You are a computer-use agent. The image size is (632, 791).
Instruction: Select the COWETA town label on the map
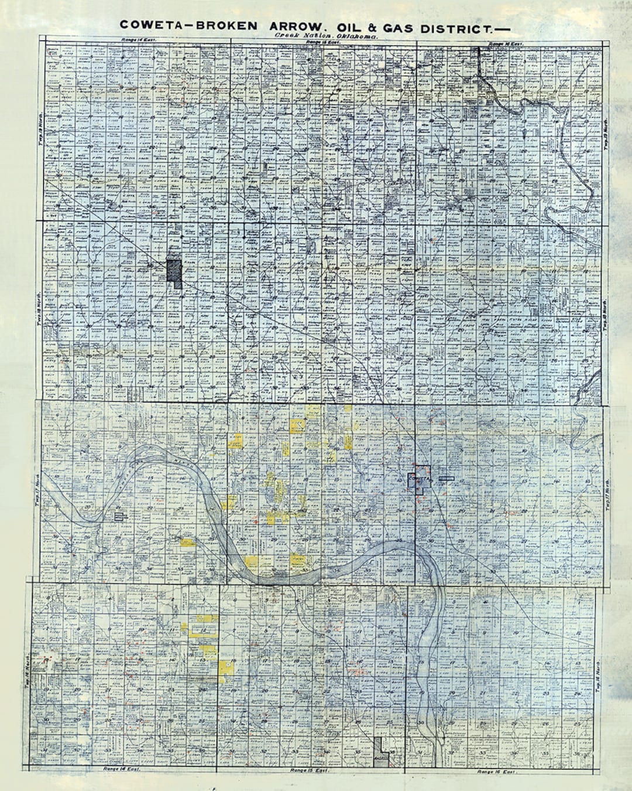click(x=419, y=479)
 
